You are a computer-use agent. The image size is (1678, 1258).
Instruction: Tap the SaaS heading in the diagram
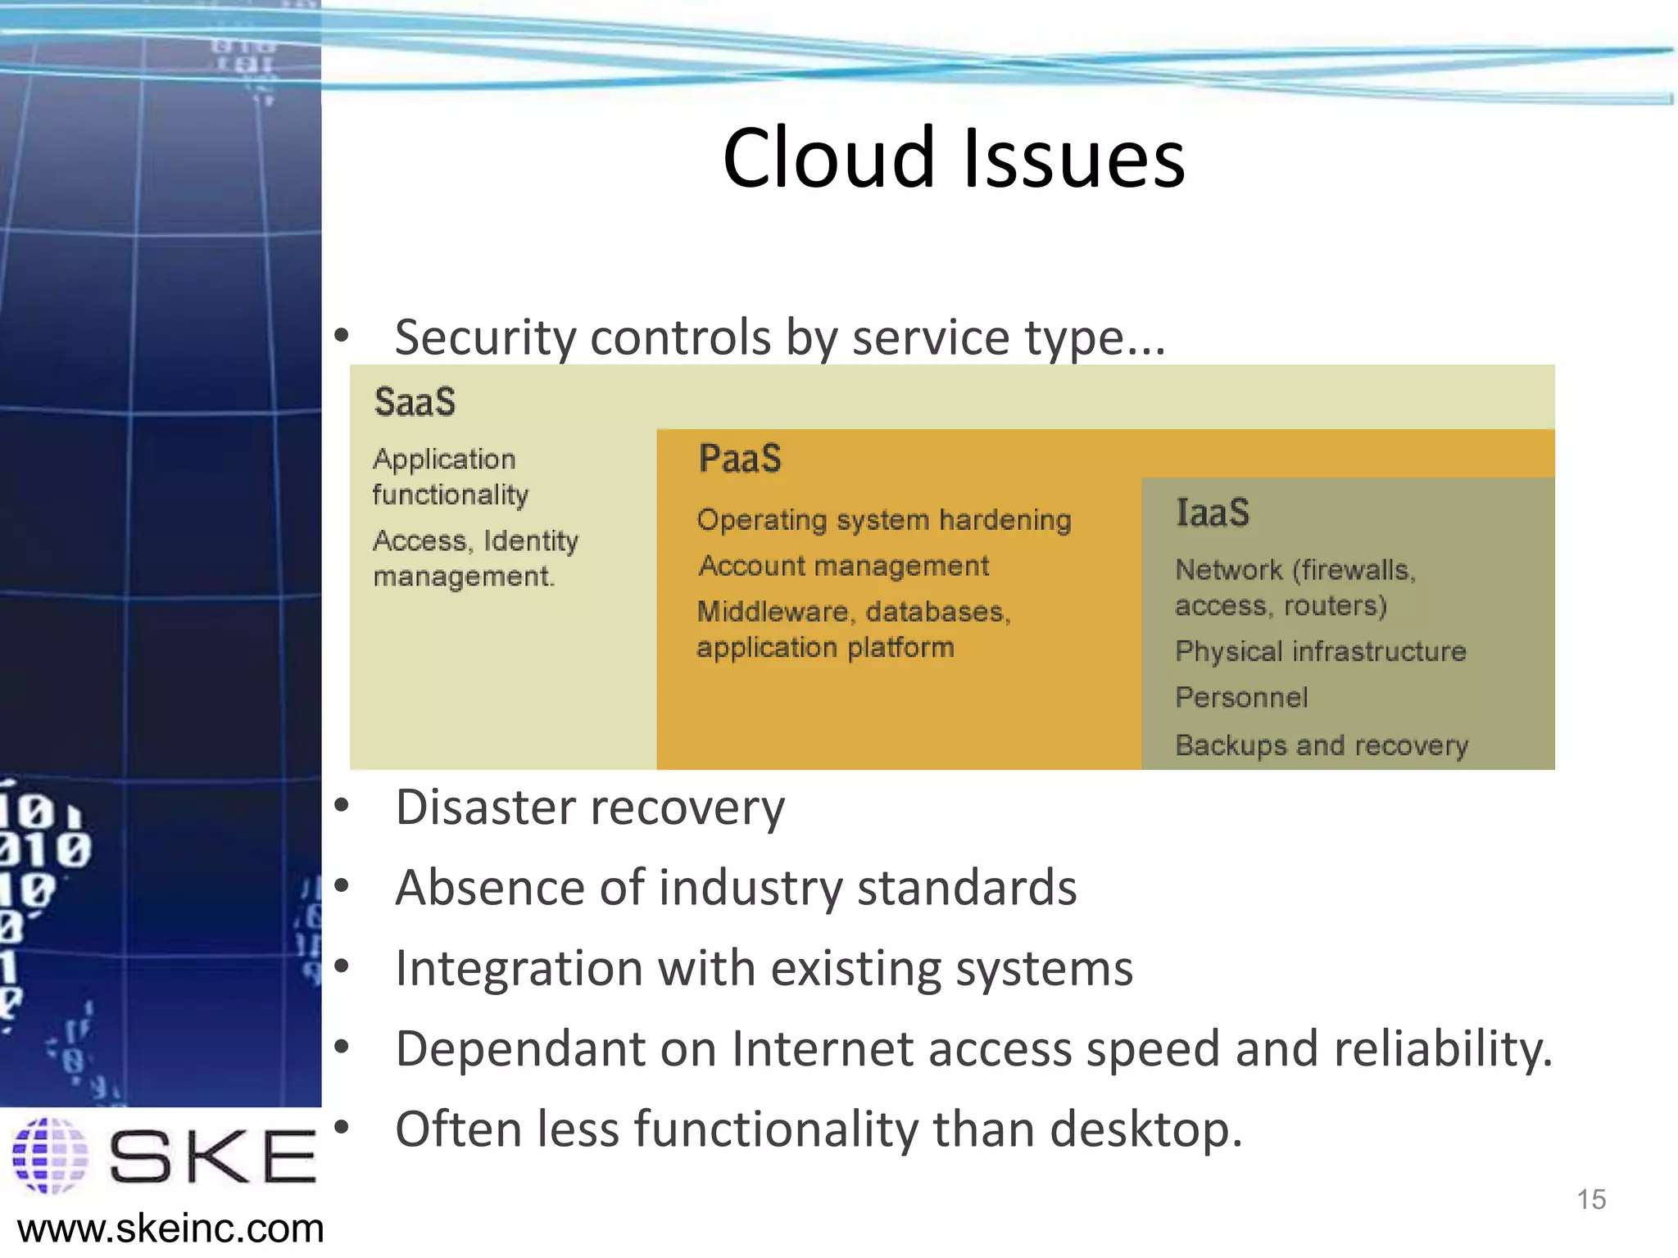pyautogui.click(x=415, y=402)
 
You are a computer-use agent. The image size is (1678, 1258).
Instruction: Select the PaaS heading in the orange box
pyautogui.click(x=740, y=458)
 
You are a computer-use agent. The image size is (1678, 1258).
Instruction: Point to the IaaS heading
pyautogui.click(x=1212, y=513)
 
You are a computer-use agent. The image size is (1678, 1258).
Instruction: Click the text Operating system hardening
pyautogui.click(x=883, y=520)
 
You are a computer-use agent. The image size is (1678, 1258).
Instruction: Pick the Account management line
pyautogui.click(x=843, y=566)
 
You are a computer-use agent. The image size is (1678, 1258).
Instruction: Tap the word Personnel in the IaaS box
pyautogui.click(x=1241, y=698)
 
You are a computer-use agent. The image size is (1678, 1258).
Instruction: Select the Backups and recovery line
pyautogui.click(x=1321, y=745)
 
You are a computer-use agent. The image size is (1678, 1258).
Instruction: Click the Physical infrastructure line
pyautogui.click(x=1320, y=652)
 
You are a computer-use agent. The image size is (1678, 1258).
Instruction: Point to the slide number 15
pyautogui.click(x=1590, y=1200)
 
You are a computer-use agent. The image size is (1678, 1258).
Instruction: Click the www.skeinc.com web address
pyautogui.click(x=170, y=1229)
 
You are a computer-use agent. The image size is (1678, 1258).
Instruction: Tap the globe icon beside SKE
pyautogui.click(x=50, y=1156)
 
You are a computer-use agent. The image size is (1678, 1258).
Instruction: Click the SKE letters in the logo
pyautogui.click(x=212, y=1156)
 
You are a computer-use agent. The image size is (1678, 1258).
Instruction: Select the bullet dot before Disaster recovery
pyautogui.click(x=342, y=806)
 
